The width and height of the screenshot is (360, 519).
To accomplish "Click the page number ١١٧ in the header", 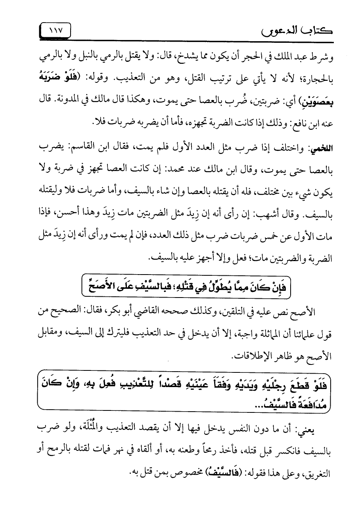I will pos(56,30).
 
